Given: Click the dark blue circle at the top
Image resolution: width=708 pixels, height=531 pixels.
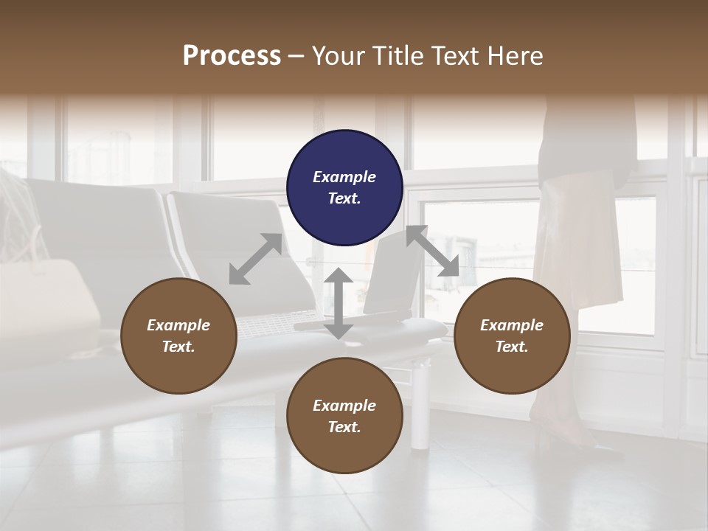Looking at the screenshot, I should (344, 187).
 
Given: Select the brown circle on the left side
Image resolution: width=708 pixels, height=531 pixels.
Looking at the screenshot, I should (178, 336).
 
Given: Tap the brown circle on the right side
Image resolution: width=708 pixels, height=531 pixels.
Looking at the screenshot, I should (512, 336).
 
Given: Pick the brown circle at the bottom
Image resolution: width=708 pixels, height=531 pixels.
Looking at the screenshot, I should (344, 416).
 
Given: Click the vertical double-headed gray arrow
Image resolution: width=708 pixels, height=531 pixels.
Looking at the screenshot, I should (339, 303).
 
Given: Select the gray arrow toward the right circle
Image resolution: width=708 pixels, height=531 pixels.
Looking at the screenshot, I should (432, 251).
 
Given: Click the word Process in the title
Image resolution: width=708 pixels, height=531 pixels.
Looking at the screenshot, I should (232, 55).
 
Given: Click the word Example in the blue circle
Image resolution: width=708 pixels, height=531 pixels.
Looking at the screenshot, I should (344, 177).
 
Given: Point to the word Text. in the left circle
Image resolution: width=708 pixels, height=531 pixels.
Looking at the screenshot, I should (178, 347).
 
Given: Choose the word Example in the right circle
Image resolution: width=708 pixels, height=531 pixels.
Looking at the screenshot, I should (512, 325).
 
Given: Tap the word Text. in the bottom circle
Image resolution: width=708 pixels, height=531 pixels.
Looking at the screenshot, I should (344, 427).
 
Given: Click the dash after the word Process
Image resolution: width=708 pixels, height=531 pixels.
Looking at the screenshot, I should (296, 56).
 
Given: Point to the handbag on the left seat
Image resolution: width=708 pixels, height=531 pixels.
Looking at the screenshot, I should (44, 302).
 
